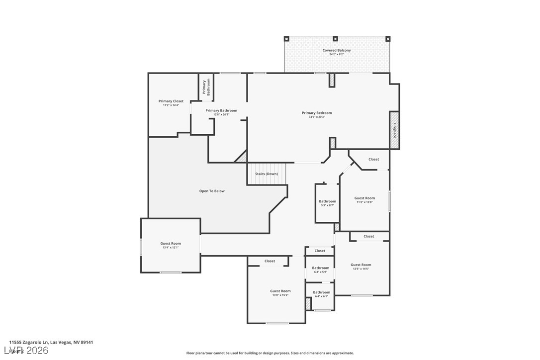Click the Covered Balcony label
(337, 50)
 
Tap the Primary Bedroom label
(317, 113)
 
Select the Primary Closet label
(171, 101)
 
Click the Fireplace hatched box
(394, 130)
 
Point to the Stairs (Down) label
(267, 174)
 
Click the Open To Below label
(212, 191)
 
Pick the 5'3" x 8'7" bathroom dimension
(327, 205)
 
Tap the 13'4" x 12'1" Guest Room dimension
(171, 248)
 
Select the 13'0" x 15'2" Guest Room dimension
(280, 295)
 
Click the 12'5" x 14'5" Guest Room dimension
(361, 269)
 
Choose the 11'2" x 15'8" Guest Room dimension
(364, 202)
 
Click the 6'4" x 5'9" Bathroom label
(321, 268)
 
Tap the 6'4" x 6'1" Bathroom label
(321, 292)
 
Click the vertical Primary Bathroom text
(206, 87)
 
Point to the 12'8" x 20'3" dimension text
(221, 115)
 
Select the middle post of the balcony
(336, 38)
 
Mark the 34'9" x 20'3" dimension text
(317, 117)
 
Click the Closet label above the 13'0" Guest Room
(270, 261)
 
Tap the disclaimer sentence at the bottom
(270, 353)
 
